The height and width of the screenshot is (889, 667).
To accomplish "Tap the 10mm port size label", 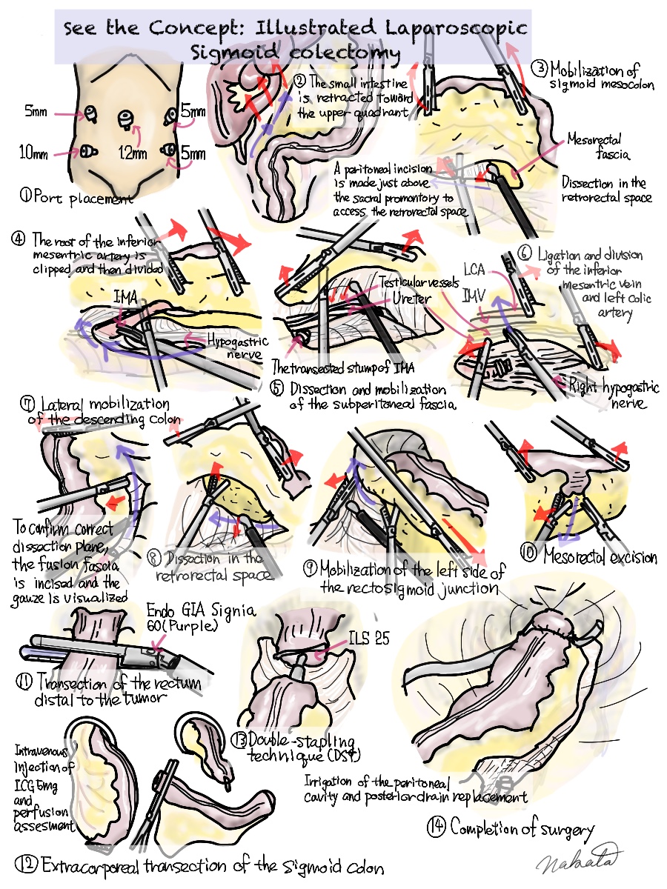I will [x=34, y=154].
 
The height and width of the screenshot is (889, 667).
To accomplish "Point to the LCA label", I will [x=476, y=267].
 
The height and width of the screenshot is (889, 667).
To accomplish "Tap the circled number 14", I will [x=437, y=827].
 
